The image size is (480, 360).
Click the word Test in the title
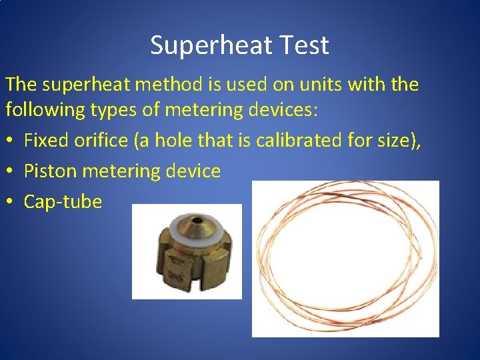coord(306,45)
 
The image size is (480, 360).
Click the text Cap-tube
coord(63,201)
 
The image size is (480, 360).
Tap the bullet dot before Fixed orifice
coord(10,141)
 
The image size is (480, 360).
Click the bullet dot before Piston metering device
coord(10,171)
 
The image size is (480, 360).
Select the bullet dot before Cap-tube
coord(10,202)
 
